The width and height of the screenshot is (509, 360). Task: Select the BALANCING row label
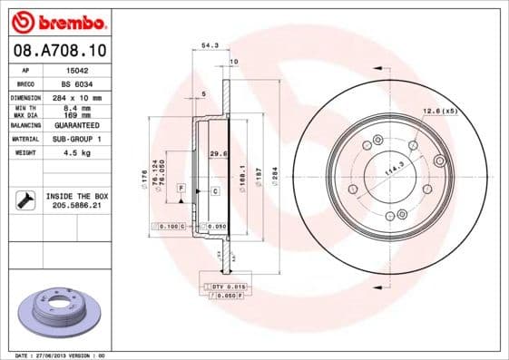(x=24, y=125)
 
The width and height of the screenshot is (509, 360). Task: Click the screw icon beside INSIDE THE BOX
(x=24, y=200)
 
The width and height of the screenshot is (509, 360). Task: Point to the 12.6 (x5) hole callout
(x=439, y=111)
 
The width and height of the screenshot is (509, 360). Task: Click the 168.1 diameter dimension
(x=240, y=172)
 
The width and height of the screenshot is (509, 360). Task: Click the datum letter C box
(x=215, y=191)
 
